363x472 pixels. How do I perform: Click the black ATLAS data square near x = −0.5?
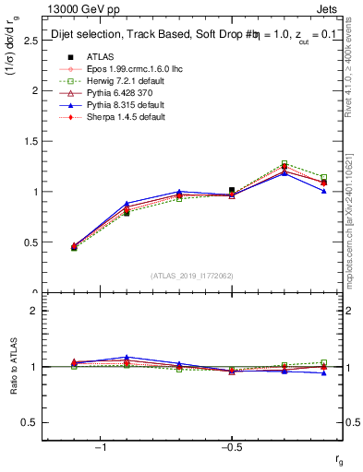click(x=232, y=190)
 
